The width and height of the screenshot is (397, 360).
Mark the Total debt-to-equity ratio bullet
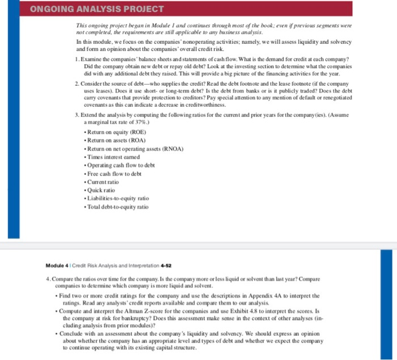click(117, 207)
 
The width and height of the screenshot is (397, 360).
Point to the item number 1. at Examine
click(77, 59)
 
